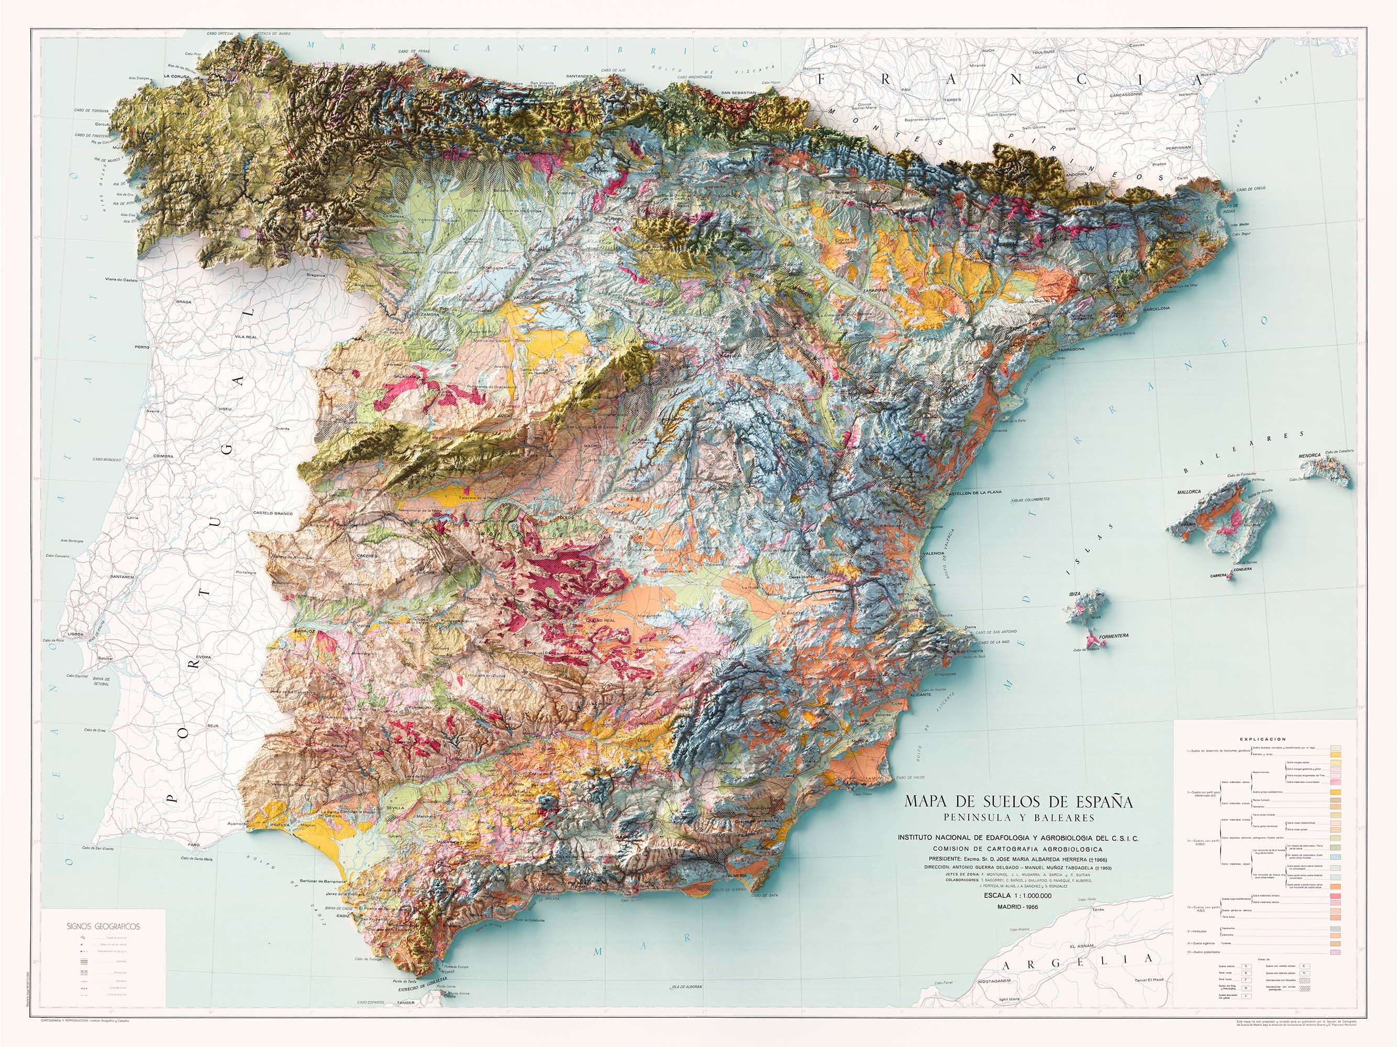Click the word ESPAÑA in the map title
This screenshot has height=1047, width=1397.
coord(1094,802)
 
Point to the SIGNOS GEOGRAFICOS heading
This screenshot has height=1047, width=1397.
coord(103,927)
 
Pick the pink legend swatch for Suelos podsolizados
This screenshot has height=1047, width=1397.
coord(1335,952)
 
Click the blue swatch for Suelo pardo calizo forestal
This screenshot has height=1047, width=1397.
coord(1335,857)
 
